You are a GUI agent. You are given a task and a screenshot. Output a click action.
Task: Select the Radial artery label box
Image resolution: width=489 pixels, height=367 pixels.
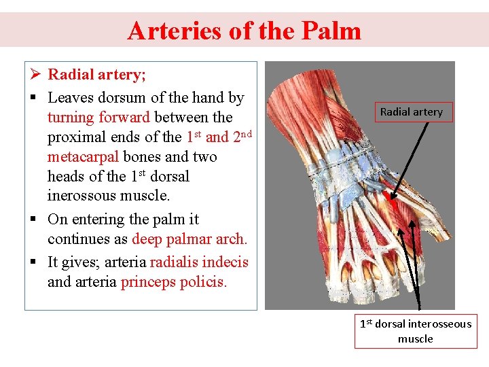411,112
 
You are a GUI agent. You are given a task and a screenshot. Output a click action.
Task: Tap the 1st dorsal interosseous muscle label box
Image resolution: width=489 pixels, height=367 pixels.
415,331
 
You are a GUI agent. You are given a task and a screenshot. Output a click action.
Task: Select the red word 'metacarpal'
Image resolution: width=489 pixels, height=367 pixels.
83,157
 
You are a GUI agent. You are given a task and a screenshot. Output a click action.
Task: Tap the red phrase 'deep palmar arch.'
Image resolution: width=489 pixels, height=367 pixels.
189,239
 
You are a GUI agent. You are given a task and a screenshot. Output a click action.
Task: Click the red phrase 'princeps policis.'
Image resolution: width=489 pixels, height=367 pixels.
173,281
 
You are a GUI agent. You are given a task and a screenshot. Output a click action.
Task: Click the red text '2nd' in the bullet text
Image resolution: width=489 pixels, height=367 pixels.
242,136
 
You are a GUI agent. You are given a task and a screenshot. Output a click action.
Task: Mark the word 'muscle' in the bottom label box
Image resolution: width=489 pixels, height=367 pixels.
415,338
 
